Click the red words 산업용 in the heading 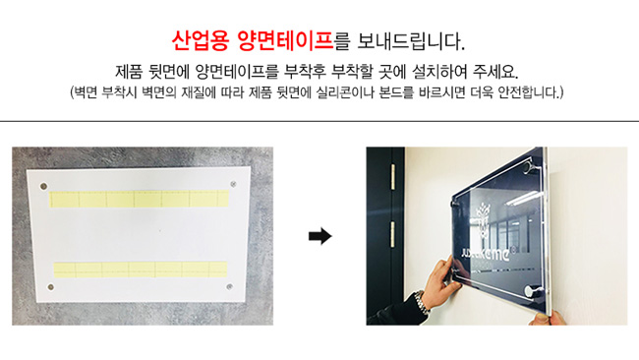click(x=200, y=40)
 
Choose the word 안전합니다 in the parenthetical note click(x=529, y=92)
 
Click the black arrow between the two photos click(x=320, y=236)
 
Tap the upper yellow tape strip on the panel click(x=139, y=199)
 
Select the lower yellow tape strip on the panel click(x=141, y=270)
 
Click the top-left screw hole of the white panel click(x=43, y=186)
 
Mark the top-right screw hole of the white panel click(x=233, y=184)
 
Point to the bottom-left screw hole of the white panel click(x=51, y=287)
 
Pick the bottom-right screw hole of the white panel click(x=229, y=286)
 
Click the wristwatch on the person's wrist click(x=422, y=301)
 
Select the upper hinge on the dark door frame click(x=393, y=177)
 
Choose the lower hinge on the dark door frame click(x=393, y=234)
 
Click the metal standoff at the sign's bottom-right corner click(x=532, y=292)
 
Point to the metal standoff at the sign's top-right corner click(x=532, y=166)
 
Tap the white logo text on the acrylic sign click(x=486, y=254)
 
